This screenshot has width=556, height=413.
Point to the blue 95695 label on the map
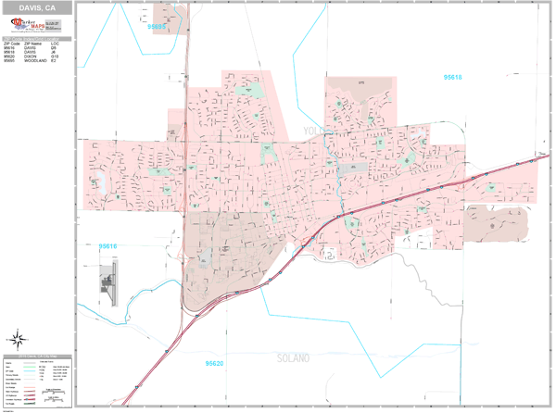click(158, 28)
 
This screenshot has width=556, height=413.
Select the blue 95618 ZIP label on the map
click(453, 77)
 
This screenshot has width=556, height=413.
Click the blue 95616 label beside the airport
click(108, 245)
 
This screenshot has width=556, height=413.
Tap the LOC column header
click(55, 43)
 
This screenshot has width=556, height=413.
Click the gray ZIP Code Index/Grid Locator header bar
click(36, 38)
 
